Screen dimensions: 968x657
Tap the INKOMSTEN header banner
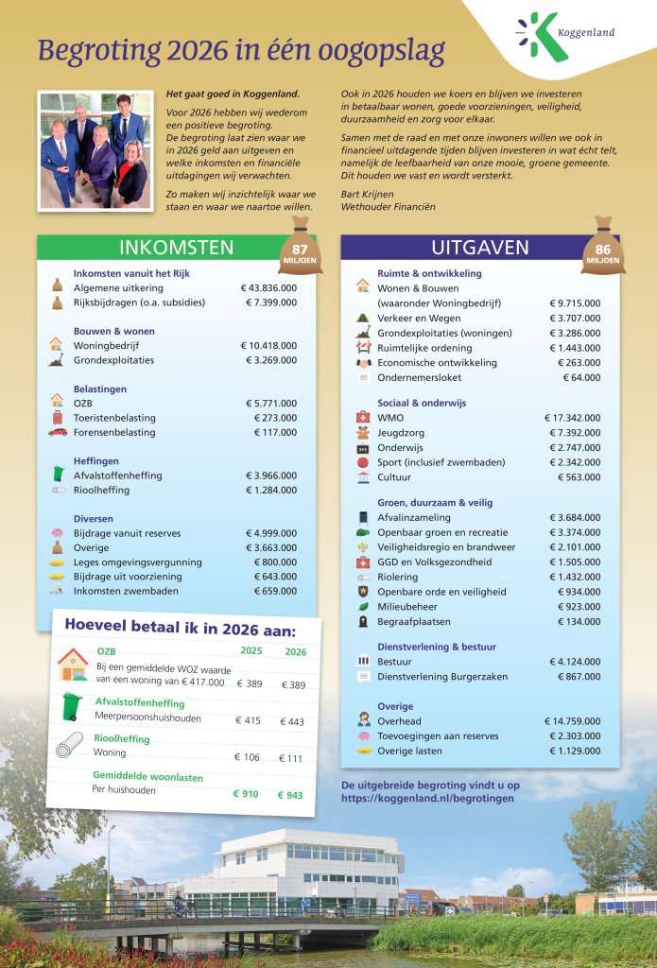[176, 248]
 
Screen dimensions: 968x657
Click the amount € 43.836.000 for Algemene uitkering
[268, 287]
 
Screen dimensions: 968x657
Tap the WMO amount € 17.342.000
[572, 417]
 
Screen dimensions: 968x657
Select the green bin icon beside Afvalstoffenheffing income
[59, 474]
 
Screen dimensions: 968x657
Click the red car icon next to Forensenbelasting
[58, 432]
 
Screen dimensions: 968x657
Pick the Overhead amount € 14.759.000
[572, 721]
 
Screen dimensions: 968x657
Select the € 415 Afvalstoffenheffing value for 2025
[248, 720]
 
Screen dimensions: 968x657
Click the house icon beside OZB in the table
[73, 663]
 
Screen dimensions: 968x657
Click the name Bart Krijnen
[367, 194]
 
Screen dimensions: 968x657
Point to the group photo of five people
[94, 150]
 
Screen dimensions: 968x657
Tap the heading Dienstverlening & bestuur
[436, 647]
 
